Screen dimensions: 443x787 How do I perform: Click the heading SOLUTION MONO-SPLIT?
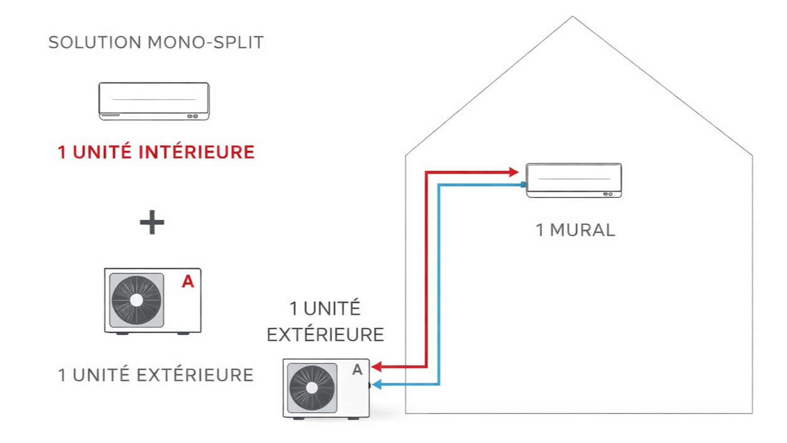tap(156, 43)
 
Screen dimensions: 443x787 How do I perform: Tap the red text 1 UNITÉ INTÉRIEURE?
tap(156, 152)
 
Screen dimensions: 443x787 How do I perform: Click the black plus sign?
tap(152, 222)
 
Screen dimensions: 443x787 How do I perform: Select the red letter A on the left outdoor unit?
tap(187, 282)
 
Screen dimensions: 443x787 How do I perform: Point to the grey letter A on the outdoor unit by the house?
tap(357, 370)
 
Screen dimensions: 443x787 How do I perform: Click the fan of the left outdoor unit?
tap(136, 300)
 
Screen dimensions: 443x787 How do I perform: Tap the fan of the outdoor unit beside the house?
tap(312, 388)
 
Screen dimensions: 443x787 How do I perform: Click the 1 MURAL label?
tap(575, 230)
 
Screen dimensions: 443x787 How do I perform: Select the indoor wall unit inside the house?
tap(573, 180)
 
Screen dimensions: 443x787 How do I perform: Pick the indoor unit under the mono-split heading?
tap(154, 101)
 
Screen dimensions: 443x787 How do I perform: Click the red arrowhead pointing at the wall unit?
tap(513, 172)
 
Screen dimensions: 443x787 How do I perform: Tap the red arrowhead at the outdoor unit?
tap(377, 366)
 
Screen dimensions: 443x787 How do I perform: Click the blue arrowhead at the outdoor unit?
tap(377, 385)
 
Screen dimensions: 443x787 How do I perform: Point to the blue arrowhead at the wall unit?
tap(523, 185)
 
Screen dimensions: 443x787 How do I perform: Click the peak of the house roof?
tap(572, 18)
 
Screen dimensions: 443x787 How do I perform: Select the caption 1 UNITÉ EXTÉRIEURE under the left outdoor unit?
tap(156, 375)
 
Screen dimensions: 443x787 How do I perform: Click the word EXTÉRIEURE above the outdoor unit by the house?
tap(325, 334)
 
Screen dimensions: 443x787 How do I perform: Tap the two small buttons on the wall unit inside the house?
tap(607, 194)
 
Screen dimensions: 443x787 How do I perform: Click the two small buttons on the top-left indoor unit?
tap(192, 116)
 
